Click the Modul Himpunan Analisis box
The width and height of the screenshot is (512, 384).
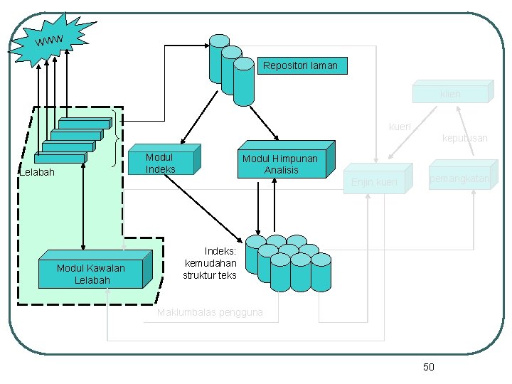click(279, 164)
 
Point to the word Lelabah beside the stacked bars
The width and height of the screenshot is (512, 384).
click(37, 172)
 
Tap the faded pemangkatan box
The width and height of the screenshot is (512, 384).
click(458, 179)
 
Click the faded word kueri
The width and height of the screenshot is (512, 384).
click(400, 127)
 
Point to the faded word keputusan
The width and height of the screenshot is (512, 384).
click(464, 138)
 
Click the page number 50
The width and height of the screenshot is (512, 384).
click(428, 367)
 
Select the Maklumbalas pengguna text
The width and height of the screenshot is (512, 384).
click(210, 312)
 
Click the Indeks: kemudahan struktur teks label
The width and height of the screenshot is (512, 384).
click(210, 263)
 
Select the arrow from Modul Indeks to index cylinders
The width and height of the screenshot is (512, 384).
click(206, 210)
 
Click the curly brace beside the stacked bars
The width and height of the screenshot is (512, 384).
click(117, 137)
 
